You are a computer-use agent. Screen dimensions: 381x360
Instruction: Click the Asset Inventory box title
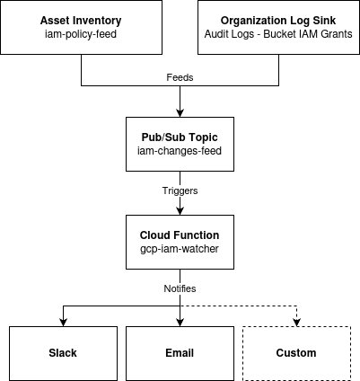click(82, 21)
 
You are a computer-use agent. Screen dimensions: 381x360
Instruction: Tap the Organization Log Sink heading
click(278, 21)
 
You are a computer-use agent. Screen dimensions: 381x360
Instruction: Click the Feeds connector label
click(180, 77)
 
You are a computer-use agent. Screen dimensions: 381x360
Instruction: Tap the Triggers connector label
click(180, 191)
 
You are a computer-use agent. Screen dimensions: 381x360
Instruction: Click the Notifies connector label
click(180, 288)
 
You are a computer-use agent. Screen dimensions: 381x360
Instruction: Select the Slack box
click(62, 353)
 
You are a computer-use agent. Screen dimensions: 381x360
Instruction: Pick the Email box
click(180, 353)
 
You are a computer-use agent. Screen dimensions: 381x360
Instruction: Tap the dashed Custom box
click(297, 353)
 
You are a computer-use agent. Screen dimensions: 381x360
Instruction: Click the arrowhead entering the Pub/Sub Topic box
click(180, 112)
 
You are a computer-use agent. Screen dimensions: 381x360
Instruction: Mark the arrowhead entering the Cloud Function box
click(180, 211)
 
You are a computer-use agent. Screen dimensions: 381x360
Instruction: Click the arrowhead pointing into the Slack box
click(62, 321)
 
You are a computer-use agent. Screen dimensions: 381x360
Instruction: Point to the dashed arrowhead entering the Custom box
click(297, 321)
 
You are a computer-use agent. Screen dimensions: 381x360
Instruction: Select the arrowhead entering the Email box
click(180, 321)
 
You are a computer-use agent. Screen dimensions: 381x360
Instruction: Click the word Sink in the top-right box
click(323, 21)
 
